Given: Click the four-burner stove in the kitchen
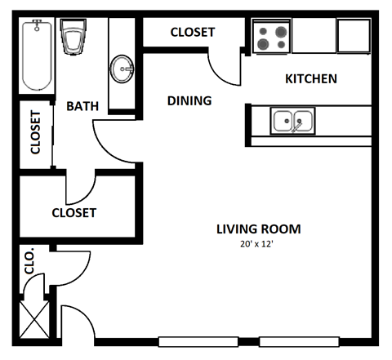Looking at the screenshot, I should [271, 37].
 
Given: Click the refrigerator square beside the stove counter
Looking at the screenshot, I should [354, 36].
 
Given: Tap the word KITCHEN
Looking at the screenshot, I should [310, 79].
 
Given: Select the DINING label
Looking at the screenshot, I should [189, 101].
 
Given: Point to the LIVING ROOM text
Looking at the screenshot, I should [258, 229].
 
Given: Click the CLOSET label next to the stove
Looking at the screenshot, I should [192, 33].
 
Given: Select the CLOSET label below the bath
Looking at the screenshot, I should [74, 213].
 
